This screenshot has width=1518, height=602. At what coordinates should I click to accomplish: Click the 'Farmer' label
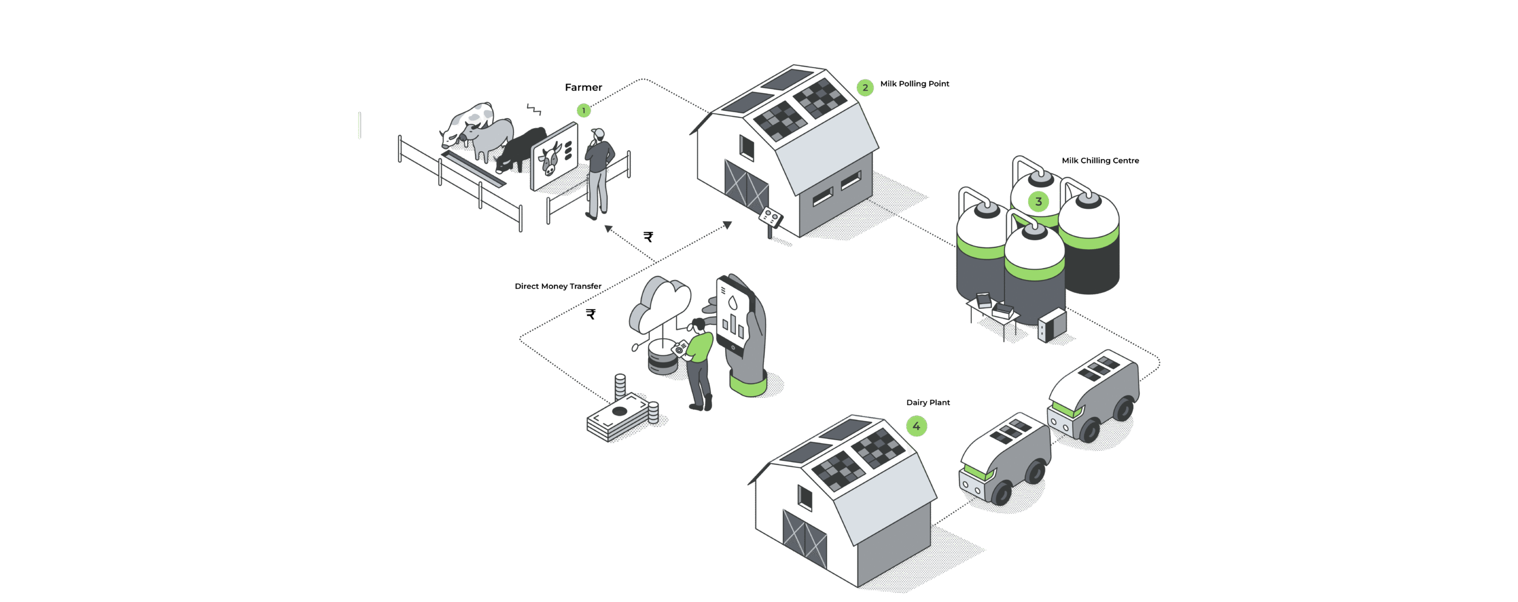tap(583, 88)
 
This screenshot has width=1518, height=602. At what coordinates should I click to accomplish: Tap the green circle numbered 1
tap(583, 111)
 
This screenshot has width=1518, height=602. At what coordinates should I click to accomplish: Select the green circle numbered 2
tap(865, 88)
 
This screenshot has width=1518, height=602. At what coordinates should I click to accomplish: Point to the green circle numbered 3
tap(1038, 202)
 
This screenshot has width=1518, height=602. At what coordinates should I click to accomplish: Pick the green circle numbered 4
tap(916, 426)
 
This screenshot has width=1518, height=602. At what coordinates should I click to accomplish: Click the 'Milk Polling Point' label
tap(914, 84)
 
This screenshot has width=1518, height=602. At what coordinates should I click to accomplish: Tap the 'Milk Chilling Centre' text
tap(1100, 161)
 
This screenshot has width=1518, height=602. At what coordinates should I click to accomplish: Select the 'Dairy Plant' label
tap(928, 403)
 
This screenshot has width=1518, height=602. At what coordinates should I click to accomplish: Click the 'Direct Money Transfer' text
tap(558, 286)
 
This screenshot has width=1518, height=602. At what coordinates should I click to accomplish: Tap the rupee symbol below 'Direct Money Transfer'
tap(591, 314)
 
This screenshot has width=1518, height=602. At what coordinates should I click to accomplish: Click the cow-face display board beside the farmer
tap(554, 157)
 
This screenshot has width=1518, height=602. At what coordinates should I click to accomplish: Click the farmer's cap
tap(598, 132)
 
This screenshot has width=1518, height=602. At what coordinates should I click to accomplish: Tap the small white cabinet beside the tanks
tap(1052, 326)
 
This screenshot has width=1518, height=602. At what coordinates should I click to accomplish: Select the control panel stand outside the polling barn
tap(771, 218)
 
